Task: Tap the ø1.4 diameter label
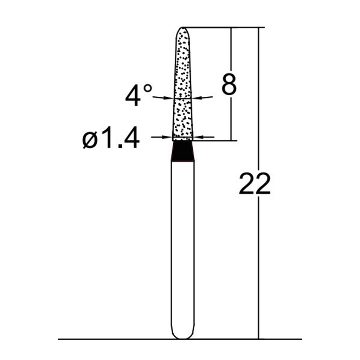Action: (111, 137)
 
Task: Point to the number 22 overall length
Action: (255, 184)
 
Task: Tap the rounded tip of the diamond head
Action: (183, 28)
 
